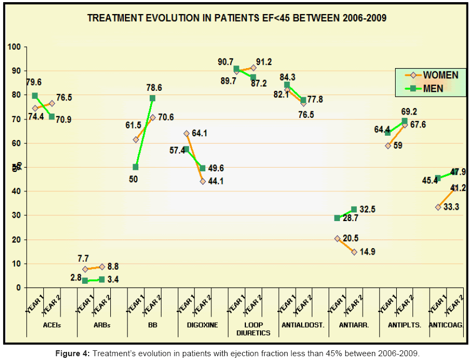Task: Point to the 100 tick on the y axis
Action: [x=15, y=47]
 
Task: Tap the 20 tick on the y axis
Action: [x=16, y=239]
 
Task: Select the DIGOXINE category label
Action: [x=203, y=325]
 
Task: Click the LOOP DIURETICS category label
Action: [x=253, y=329]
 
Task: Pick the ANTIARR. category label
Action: [x=353, y=325]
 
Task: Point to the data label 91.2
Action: [x=264, y=62]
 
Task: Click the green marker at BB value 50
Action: [x=135, y=167]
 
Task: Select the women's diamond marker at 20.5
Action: [x=337, y=238]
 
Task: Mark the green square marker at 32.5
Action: [x=354, y=209]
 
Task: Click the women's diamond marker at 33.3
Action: [x=438, y=207]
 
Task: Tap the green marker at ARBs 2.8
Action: [x=85, y=281]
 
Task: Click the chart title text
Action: [x=237, y=18]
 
